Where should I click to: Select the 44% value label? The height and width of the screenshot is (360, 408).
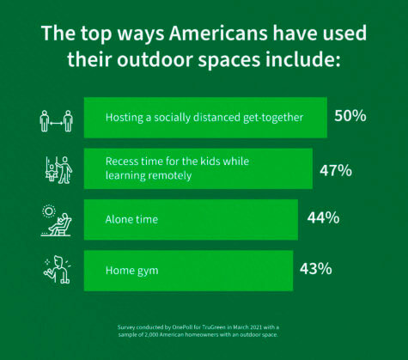[x=322, y=218]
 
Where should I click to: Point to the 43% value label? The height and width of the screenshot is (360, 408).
[x=315, y=268]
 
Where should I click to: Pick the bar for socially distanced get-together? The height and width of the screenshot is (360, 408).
[x=205, y=118]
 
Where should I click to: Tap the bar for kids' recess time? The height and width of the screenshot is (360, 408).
[x=198, y=168]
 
